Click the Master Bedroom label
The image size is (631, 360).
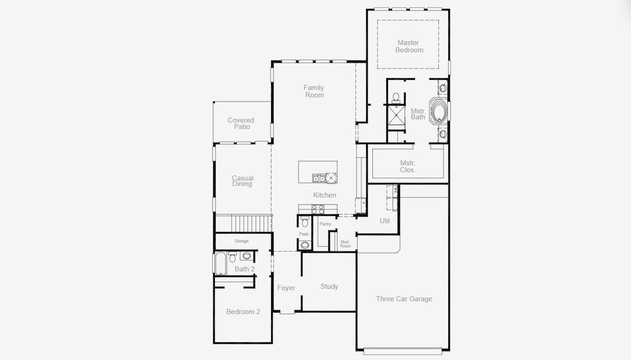409,46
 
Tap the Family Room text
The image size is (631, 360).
314,91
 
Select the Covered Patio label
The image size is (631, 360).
241,123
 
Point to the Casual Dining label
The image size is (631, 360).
242,181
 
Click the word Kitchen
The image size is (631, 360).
324,195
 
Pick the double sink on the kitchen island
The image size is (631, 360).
319,178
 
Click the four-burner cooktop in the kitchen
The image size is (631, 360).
317,209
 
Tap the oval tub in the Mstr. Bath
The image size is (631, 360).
438,111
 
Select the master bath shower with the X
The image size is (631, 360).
396,116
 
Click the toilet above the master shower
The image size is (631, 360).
396,97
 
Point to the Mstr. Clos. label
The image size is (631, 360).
408,166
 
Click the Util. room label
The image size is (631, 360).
386,221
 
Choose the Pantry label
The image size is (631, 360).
325,224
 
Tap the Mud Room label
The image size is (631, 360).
345,244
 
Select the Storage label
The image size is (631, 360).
242,241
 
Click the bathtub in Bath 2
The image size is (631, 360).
220,263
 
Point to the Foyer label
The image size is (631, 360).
286,288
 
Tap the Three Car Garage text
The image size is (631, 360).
404,299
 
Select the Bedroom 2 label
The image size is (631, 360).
243,311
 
